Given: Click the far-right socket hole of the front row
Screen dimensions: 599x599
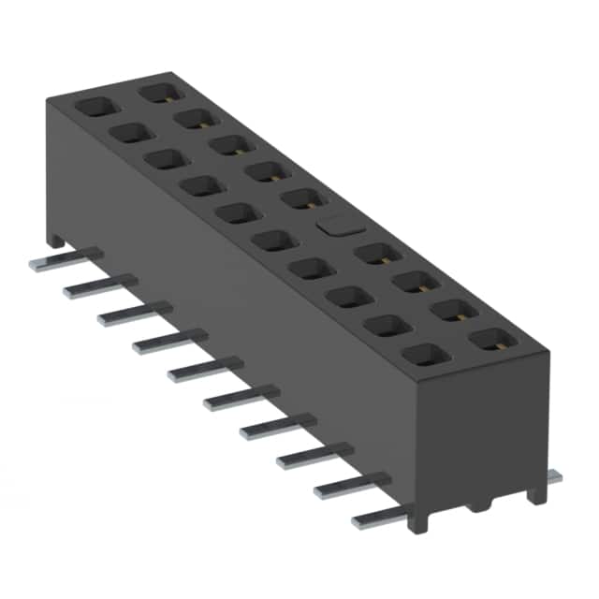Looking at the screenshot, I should pos(422,355).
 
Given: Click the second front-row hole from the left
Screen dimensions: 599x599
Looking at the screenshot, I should pos(129,134).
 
